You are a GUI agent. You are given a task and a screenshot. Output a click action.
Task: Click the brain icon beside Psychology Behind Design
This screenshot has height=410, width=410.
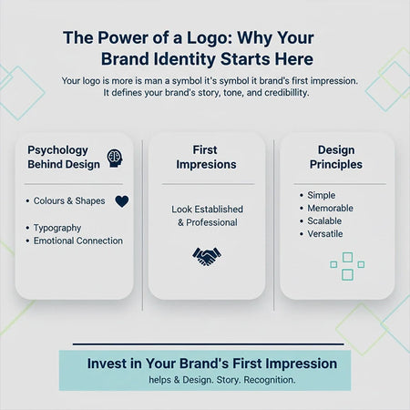(115, 159)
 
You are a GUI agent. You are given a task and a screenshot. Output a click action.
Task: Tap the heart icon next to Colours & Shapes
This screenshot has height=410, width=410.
(122, 201)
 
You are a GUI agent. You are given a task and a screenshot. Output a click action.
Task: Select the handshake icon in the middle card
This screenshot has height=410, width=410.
(207, 256)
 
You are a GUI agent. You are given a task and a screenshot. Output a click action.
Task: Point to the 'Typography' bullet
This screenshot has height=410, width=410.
(57, 227)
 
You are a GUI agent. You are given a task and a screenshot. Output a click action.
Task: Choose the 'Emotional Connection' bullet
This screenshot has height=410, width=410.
(77, 241)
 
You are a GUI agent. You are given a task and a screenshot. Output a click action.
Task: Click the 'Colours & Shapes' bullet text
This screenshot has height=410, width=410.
(69, 200)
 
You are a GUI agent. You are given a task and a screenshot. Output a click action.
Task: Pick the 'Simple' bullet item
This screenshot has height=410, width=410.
(321, 195)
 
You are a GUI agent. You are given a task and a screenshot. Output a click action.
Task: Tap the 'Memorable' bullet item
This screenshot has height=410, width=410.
(330, 208)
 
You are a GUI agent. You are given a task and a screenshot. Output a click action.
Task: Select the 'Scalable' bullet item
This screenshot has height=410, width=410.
(325, 220)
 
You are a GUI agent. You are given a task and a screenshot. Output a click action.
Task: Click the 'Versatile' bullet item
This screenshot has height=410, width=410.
(326, 233)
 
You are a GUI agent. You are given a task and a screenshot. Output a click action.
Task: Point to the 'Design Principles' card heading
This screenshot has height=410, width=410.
(336, 157)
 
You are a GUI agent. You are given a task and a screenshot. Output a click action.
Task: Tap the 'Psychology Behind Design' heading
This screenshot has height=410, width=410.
(63, 157)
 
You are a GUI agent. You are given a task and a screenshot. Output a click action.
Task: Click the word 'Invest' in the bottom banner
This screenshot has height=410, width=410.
(108, 363)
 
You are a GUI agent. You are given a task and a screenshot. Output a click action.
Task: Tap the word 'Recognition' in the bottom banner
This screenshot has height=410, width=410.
(265, 379)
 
